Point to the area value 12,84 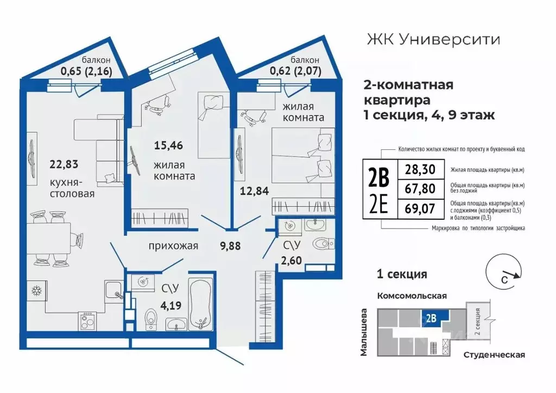tap(255, 191)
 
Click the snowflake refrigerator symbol tap(39, 289)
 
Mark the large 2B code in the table tap(379, 177)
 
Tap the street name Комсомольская tap(412, 296)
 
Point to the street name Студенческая tap(494, 355)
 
